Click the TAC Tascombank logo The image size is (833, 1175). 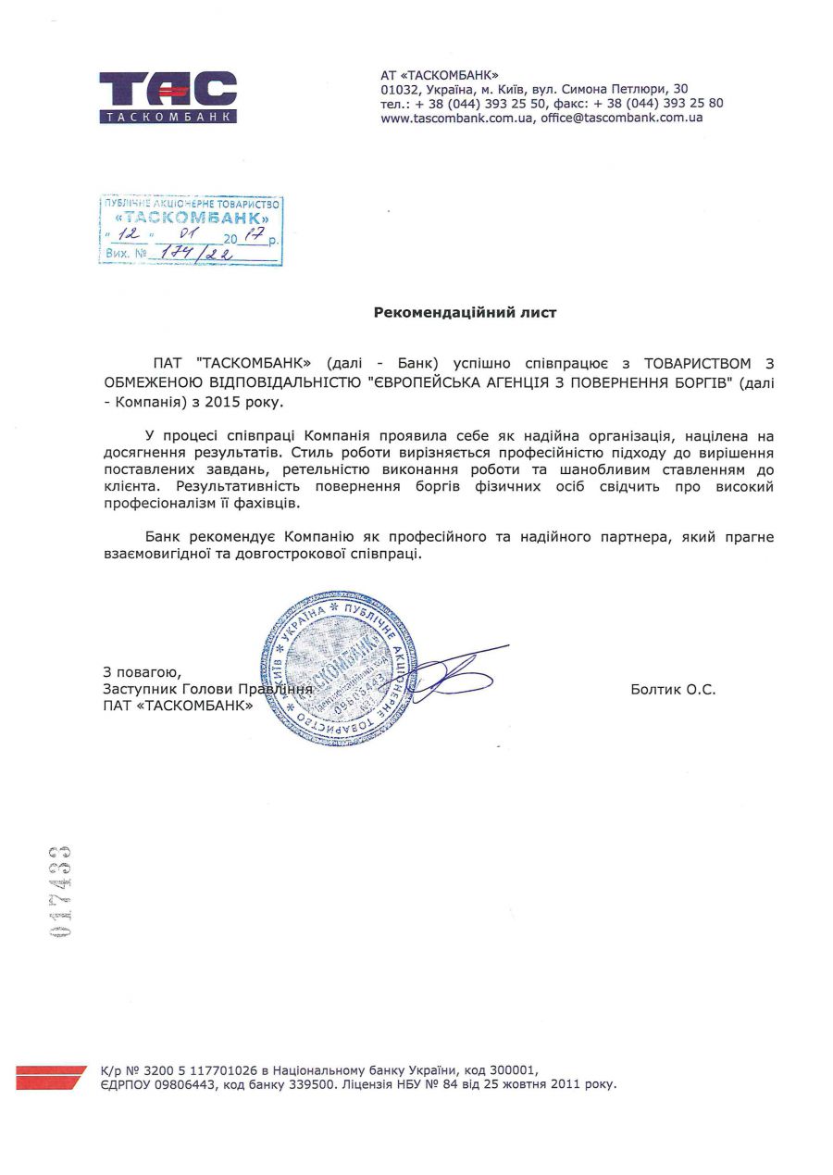coord(168,96)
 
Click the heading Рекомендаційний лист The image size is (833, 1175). coord(465,313)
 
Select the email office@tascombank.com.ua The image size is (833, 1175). coord(622,118)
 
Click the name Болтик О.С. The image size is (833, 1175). coord(673,689)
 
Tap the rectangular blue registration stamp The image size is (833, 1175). coord(191,231)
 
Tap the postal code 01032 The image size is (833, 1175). coord(400,89)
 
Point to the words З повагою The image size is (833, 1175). coord(143,672)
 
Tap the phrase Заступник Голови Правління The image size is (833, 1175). coord(207,689)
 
